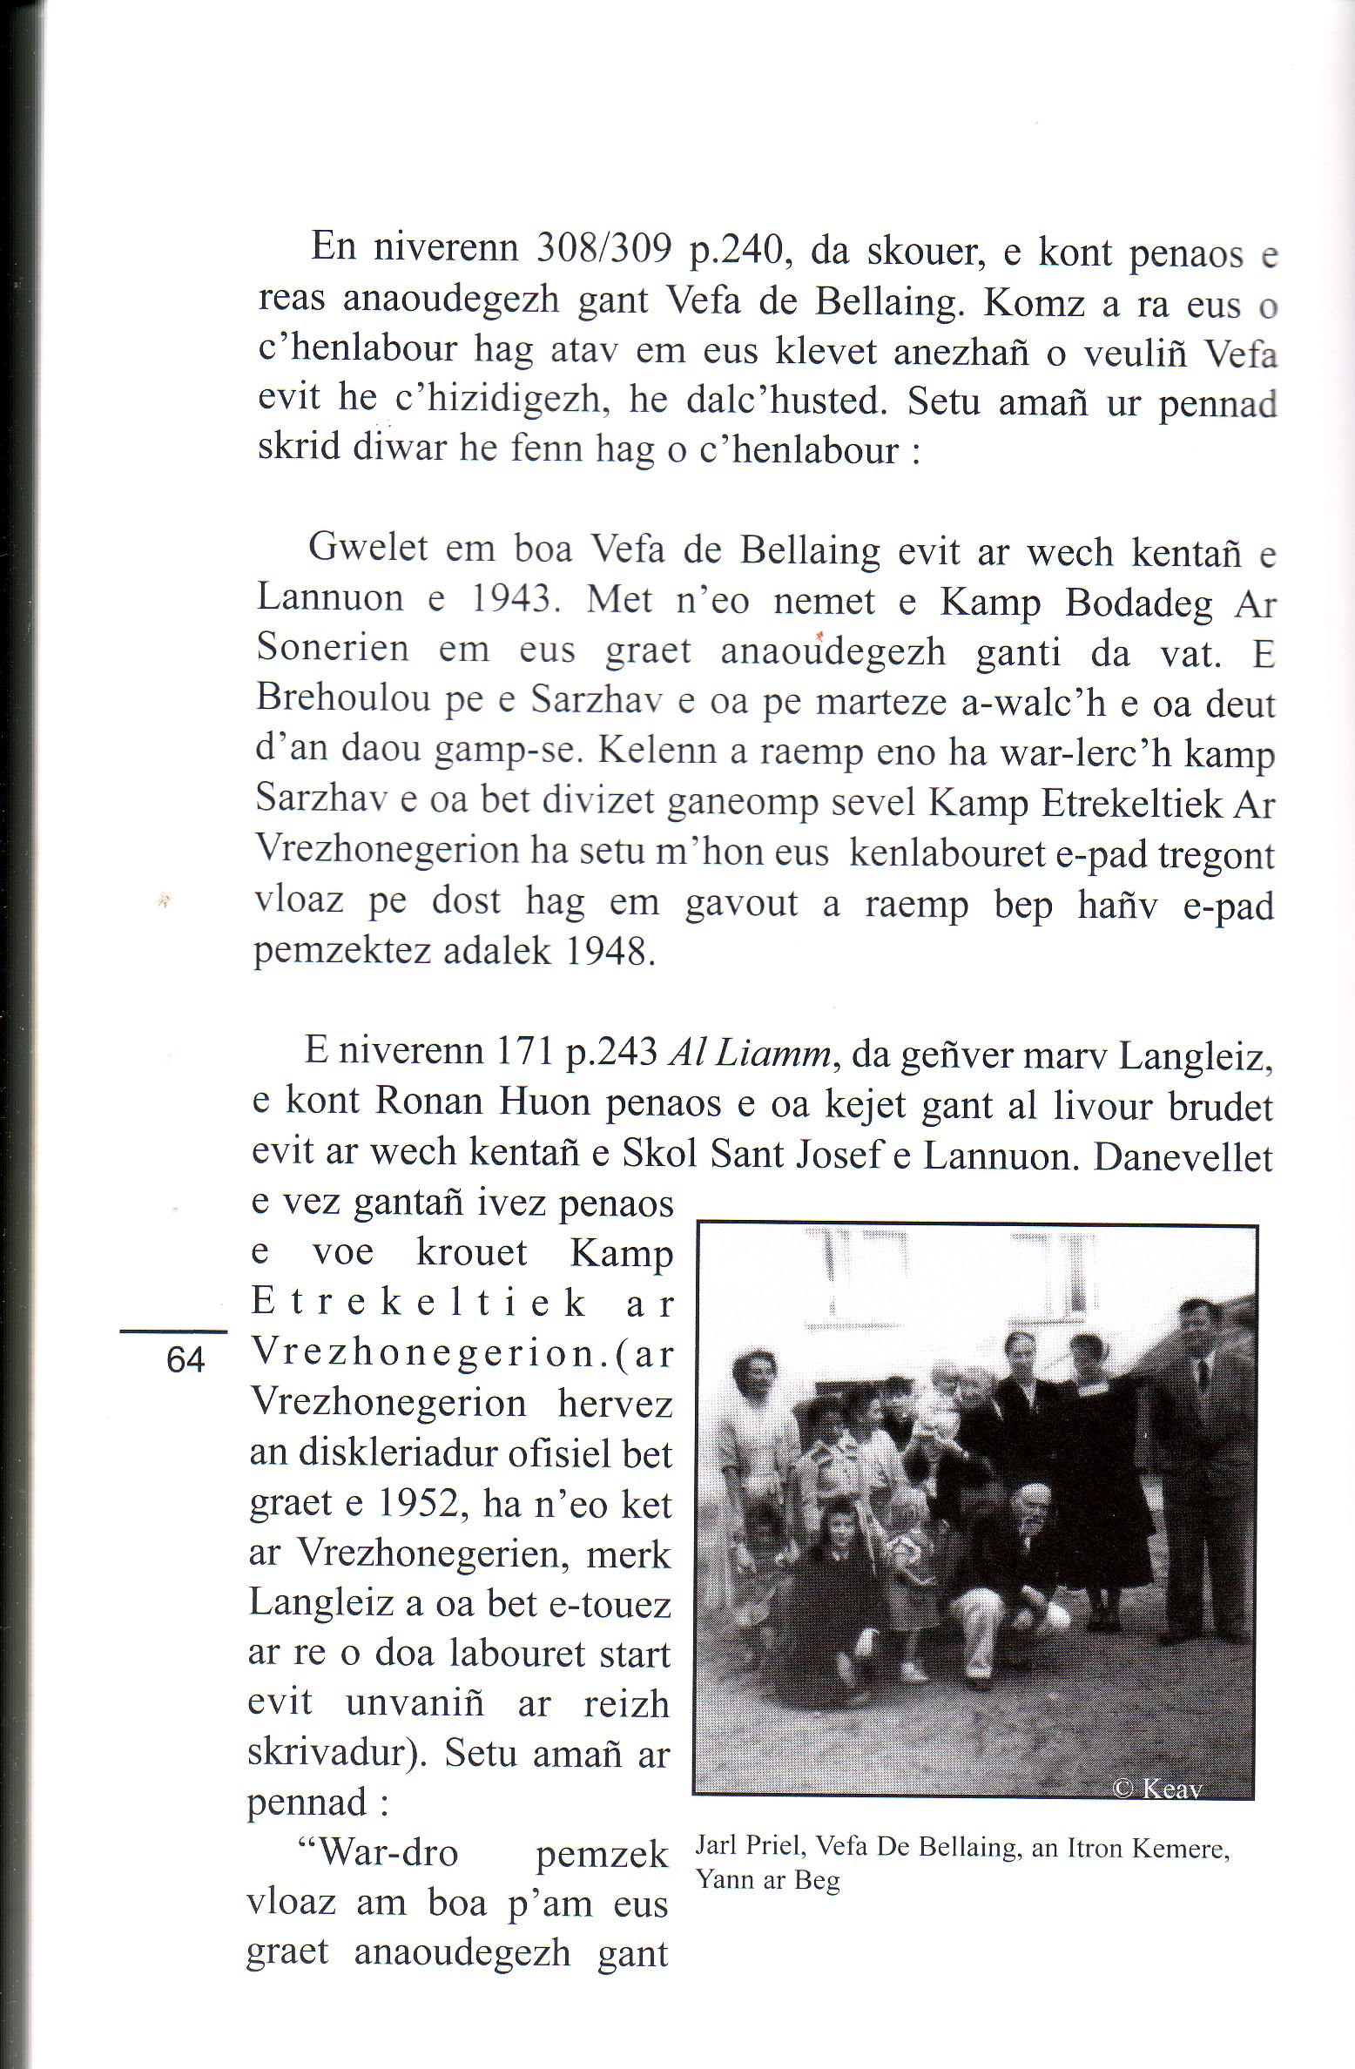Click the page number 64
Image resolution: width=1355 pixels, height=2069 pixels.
[185, 1360]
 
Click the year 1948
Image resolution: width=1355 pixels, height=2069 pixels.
[609, 952]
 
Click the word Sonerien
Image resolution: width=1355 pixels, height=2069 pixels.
[332, 650]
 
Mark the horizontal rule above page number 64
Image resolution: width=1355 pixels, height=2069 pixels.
[172, 1331]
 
